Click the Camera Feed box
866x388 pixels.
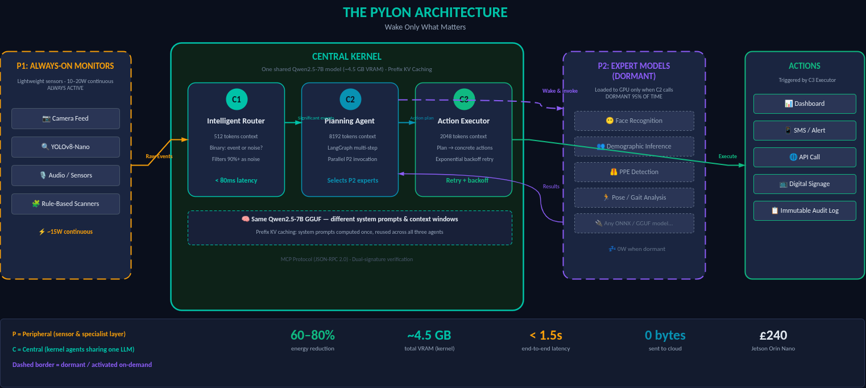click(65, 118)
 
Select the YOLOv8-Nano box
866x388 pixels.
click(65, 147)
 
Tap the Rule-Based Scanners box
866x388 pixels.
click(65, 204)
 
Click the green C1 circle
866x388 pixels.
click(236, 100)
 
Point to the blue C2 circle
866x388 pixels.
click(350, 100)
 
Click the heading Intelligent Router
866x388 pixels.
click(236, 121)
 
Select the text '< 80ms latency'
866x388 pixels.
click(236, 180)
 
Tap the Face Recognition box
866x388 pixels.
click(634, 121)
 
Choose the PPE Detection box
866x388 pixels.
click(634, 172)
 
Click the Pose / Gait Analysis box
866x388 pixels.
click(634, 197)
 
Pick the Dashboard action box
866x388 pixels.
click(805, 104)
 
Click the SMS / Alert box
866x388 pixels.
click(805, 130)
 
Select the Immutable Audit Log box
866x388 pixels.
click(805, 210)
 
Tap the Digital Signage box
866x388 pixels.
click(805, 184)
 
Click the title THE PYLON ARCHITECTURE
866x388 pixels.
click(425, 13)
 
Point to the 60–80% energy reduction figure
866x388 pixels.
click(313, 335)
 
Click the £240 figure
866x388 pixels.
click(773, 335)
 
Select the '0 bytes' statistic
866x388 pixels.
click(665, 335)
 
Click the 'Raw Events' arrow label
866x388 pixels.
click(159, 156)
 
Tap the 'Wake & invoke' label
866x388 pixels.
click(560, 91)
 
